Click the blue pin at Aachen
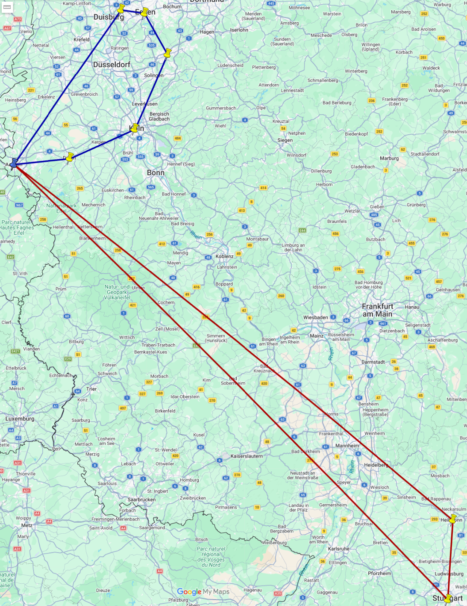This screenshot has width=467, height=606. tap(14, 163)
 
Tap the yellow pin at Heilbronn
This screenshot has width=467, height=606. tap(453, 518)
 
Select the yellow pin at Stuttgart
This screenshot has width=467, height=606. tap(448, 598)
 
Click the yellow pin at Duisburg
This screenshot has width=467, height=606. tap(121, 9)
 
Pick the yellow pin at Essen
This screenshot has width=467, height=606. tap(144, 12)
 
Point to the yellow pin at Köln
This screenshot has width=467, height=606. tap(135, 128)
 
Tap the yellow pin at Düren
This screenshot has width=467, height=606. tap(70, 157)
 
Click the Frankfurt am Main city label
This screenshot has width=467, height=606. tap(378, 310)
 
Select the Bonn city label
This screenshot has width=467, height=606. tap(156, 173)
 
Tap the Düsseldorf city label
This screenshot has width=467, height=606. tap(112, 65)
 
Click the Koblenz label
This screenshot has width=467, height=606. tap(224, 257)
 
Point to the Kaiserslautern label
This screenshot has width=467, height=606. tap(247, 456)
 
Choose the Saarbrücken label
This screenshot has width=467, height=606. tap(141, 500)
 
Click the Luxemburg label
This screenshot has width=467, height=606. tap(20, 419)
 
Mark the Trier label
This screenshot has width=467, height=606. tap(91, 389)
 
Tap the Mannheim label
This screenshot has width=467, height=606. tap(347, 446)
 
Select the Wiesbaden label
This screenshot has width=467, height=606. tap(316, 318)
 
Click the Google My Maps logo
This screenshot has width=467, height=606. tap(203, 592)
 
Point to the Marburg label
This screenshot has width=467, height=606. tap(389, 158)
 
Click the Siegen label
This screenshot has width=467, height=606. tap(285, 140)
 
